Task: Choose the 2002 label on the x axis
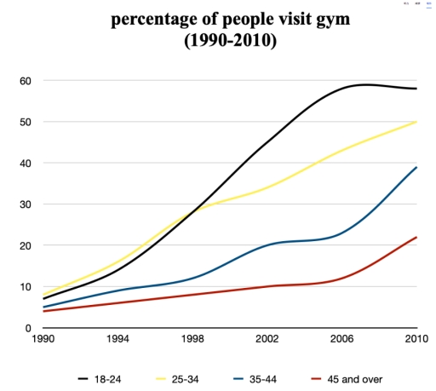(267, 341)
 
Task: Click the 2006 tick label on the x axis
(341, 341)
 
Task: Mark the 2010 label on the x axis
(416, 341)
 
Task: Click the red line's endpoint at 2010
(416, 238)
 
